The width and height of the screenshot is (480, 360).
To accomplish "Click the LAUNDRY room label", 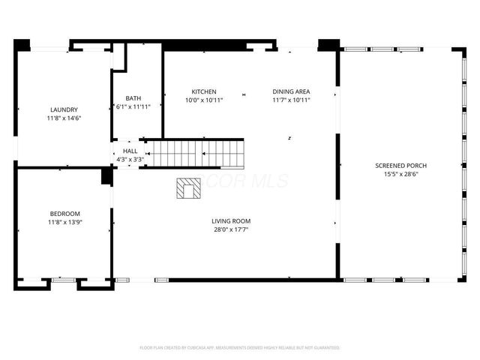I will coord(64,109).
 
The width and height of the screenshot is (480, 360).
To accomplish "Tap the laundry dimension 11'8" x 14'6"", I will coord(64,118).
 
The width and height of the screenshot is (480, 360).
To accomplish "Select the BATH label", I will coord(133,98).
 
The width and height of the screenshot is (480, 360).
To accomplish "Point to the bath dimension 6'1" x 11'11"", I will coord(133,107).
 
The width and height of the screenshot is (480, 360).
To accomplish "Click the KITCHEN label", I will coord(203,91).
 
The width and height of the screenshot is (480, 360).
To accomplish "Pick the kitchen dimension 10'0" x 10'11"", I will coord(203,100).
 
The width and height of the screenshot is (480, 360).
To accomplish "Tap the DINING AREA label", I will coord(291,91).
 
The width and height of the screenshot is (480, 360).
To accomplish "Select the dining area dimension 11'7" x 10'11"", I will coord(291,100).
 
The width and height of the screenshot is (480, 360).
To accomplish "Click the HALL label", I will coord(130,151).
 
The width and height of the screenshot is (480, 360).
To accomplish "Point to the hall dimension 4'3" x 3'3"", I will coord(130,159).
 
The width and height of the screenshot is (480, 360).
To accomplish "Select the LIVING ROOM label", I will coord(230,221).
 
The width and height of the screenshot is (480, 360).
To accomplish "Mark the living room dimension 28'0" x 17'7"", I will coord(230,229).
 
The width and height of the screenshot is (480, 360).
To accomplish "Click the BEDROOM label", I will coord(64,214).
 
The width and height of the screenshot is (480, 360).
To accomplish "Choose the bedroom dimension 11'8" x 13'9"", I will coord(64,222).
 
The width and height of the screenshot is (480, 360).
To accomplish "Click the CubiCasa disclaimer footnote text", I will coord(240,348).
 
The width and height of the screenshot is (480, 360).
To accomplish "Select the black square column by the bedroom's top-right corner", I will coord(106,177).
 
